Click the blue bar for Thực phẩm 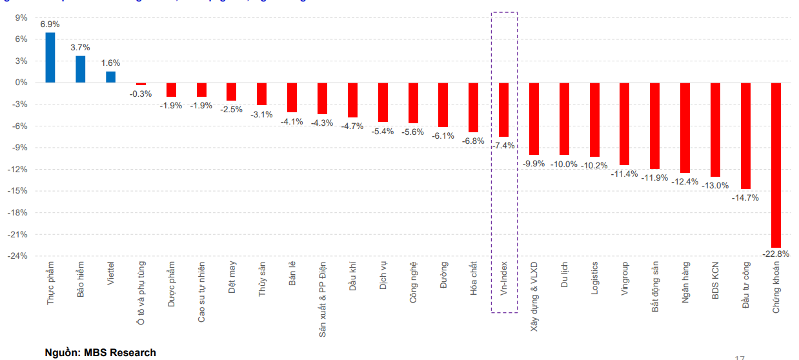pos(50,57)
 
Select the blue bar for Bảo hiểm pos(81,69)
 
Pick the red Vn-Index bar pos(503,110)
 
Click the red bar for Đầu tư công pos(745,135)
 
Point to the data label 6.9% pos(50,24)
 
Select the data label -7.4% pos(503,146)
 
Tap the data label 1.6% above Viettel pos(111,63)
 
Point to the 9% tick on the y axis pos(22,17)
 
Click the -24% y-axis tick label pos(18,256)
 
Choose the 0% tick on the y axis pos(22,83)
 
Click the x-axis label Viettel pos(111,274)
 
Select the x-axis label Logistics pos(594,278)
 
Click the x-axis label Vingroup pos(625,278)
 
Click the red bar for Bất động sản pos(654,126)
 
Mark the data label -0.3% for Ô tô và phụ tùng pos(141,94)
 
